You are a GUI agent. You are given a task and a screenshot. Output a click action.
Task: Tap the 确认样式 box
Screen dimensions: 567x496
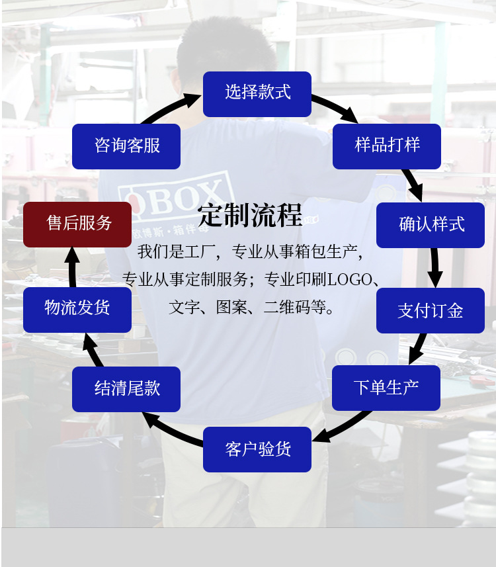pyautogui.click(x=431, y=225)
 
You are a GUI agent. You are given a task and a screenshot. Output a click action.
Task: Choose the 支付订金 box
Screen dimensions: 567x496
pyautogui.click(x=431, y=310)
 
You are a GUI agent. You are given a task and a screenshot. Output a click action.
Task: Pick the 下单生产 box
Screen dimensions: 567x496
pyautogui.click(x=386, y=388)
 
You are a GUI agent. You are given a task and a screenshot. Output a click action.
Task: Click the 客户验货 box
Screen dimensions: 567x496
pyautogui.click(x=257, y=449)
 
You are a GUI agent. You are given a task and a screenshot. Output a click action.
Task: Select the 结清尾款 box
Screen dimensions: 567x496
pyautogui.click(x=126, y=389)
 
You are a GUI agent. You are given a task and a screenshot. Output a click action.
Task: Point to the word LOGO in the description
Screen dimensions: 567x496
pyautogui.click(x=349, y=279)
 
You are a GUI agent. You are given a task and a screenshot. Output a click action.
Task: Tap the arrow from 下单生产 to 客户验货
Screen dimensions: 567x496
pyautogui.click(x=341, y=427)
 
